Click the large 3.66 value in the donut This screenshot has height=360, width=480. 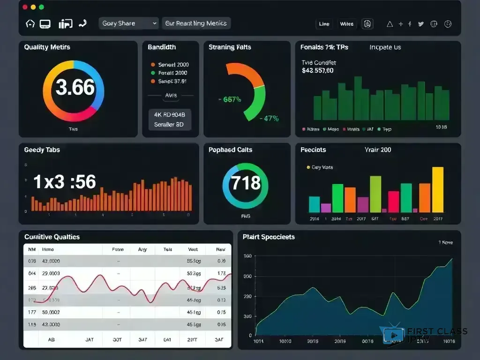point(75,87)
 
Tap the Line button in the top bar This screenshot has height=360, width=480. point(324,24)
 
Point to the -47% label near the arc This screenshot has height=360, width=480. point(269,119)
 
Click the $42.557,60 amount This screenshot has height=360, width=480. point(318,71)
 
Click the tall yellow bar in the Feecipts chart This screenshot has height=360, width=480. point(437,190)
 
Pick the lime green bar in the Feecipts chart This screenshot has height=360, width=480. point(375,194)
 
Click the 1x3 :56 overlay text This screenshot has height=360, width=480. point(65,182)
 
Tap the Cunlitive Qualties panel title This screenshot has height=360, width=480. point(52,237)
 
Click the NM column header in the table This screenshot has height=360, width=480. point(32,250)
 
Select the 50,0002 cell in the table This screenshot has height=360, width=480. point(51,312)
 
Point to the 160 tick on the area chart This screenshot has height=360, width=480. point(247,256)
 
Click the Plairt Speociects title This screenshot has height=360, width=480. point(269,237)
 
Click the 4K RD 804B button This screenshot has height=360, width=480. point(169,114)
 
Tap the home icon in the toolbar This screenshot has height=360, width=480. point(30,23)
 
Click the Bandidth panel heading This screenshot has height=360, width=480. point(162,47)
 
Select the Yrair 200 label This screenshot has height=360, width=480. point(377,150)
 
